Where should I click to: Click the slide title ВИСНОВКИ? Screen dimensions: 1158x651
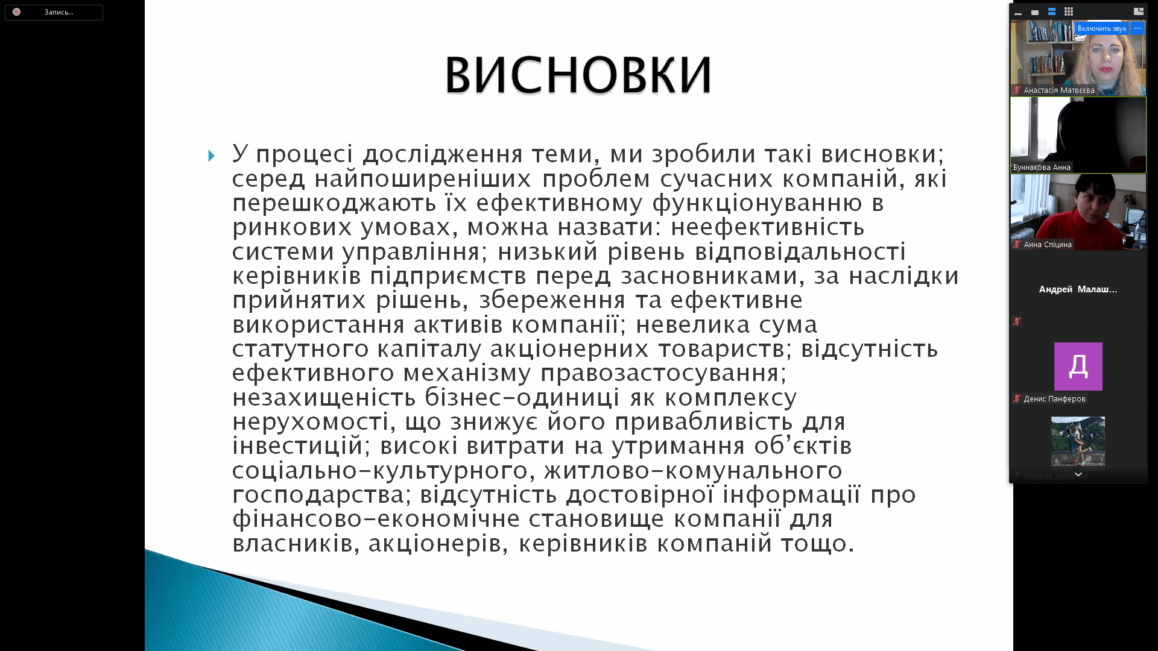click(578, 75)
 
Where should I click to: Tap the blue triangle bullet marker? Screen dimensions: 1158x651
click(211, 156)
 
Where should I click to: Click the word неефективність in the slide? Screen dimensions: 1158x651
click(768, 227)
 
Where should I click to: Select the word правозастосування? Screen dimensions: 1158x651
click(663, 374)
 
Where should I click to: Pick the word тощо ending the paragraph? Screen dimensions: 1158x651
click(818, 544)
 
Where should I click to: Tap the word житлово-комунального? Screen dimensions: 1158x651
click(694, 471)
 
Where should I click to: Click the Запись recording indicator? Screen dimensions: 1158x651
click(54, 12)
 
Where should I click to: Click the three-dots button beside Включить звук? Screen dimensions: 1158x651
click(1137, 28)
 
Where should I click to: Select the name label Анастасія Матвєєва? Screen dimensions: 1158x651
click(1059, 90)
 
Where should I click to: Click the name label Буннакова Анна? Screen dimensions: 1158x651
click(1042, 168)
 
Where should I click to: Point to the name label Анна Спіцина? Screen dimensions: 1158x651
click(1048, 245)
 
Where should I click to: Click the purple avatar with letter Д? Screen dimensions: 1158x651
click(1078, 366)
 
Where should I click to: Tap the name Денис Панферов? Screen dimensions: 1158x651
click(1054, 399)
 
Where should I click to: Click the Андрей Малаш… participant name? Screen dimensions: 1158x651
click(1078, 289)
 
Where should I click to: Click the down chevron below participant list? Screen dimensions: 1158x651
click(1078, 475)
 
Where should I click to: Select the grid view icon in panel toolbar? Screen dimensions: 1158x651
click(1069, 11)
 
